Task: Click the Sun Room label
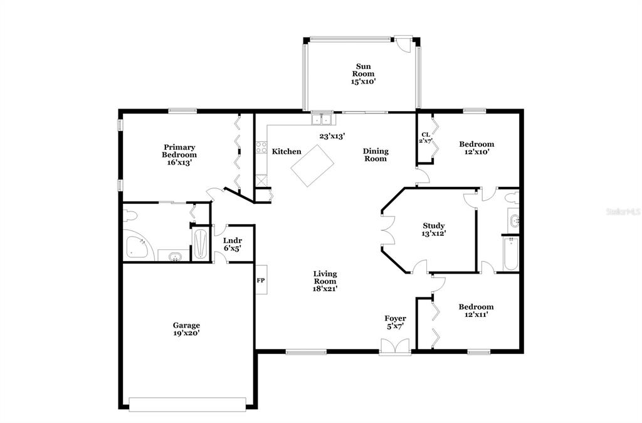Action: pos(364,74)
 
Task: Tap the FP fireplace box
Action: pos(261,280)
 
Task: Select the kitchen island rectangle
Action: pos(312,166)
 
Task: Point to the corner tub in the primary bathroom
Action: pos(137,246)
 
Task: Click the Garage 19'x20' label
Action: pos(186,329)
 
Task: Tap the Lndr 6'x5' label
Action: pos(233,244)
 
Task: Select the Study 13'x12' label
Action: pos(434,230)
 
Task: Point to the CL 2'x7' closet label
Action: pos(426,137)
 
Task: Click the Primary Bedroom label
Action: pos(179,154)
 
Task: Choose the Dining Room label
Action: pos(376,155)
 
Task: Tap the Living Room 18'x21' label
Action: pos(325,281)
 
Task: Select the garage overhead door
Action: pos(187,404)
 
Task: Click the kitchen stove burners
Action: pos(261,147)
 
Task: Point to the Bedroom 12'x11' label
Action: pos(476,311)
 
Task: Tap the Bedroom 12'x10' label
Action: pos(476,147)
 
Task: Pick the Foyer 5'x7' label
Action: pos(395,322)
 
